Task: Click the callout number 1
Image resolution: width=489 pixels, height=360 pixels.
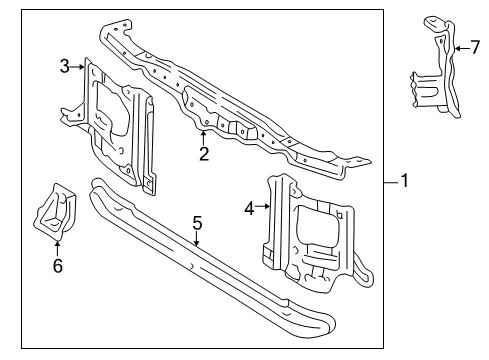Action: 404,181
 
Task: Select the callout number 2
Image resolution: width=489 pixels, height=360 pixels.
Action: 204,154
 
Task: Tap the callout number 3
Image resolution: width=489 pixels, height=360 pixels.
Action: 65,66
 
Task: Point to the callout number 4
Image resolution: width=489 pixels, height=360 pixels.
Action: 249,209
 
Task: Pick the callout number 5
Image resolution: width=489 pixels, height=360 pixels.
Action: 197,223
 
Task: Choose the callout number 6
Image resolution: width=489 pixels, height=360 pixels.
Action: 58,266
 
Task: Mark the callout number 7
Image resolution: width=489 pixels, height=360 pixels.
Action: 475,47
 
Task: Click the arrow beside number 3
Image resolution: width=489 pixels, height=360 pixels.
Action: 77,67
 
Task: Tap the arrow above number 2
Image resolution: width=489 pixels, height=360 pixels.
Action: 203,138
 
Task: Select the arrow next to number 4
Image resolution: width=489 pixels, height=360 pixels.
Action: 263,207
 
